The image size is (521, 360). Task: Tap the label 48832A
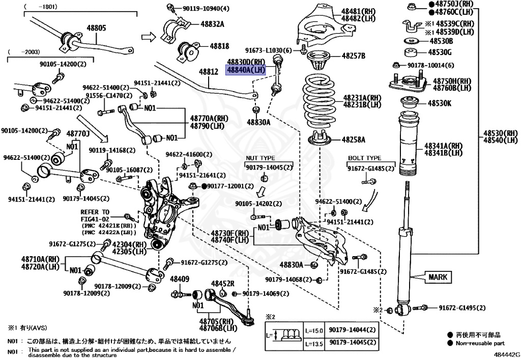coord(212,23)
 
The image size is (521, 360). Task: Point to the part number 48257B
coord(354,56)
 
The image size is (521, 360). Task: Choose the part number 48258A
coord(354,139)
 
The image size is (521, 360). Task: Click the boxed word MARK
coord(437,277)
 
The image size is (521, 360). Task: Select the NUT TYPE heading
coord(260,158)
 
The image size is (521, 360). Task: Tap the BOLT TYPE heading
coord(364,158)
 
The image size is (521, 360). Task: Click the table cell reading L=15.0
coord(314,330)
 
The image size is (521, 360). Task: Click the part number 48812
coord(208,72)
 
